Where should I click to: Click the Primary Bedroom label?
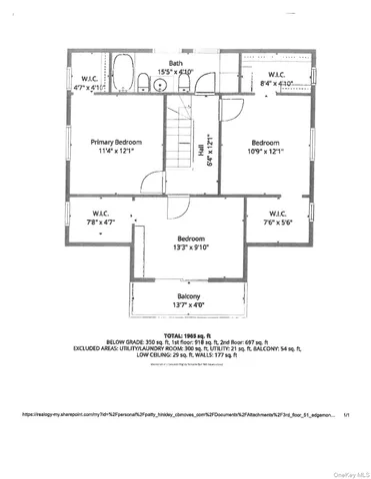[115, 143]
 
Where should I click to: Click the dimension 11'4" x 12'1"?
[115, 152]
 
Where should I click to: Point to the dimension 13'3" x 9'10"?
[191, 248]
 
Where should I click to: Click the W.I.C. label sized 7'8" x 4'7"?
[100, 213]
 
